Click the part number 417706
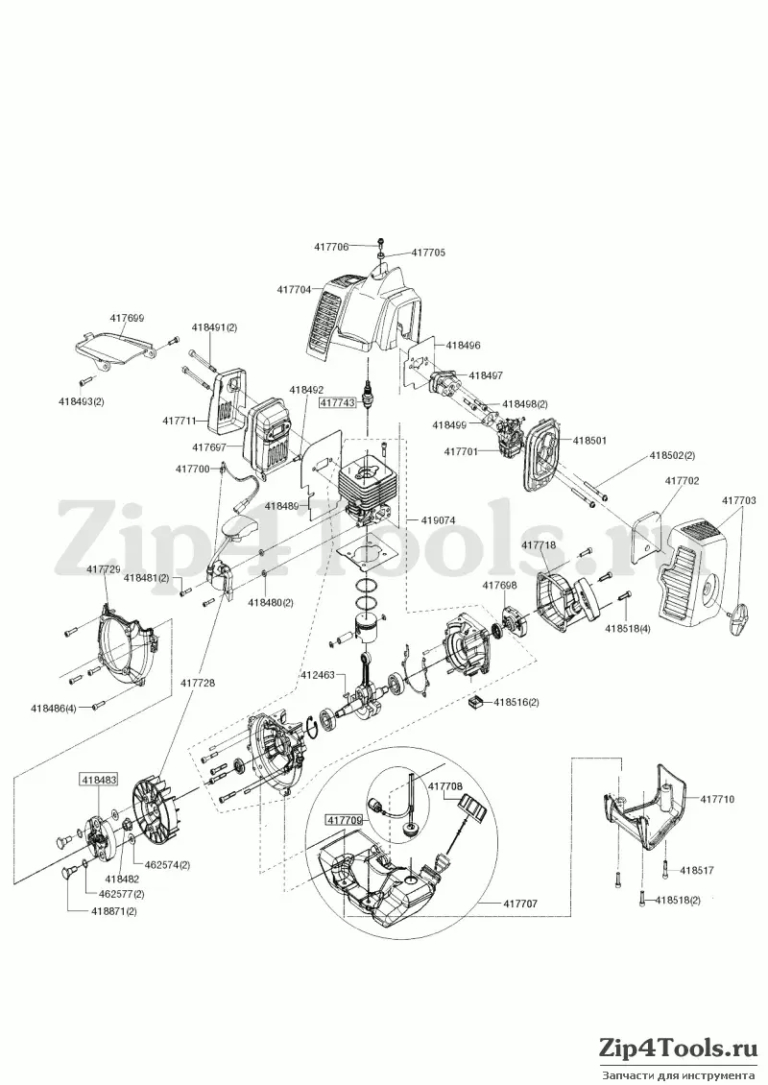pyautogui.click(x=331, y=247)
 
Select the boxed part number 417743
pyautogui.click(x=337, y=401)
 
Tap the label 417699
pyautogui.click(x=127, y=319)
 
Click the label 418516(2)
pyautogui.click(x=516, y=702)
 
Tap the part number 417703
pyautogui.click(x=739, y=500)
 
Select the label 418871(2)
pyautogui.click(x=113, y=911)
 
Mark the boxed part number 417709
pyautogui.click(x=344, y=820)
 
